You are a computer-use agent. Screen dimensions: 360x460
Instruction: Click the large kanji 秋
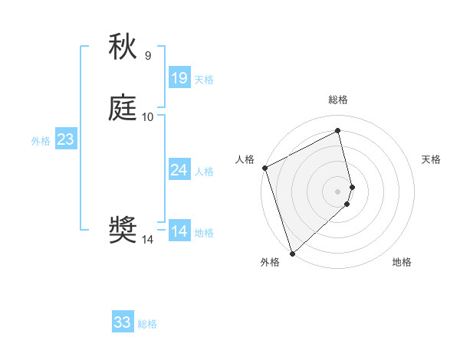[123, 47]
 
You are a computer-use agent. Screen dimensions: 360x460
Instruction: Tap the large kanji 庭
[123, 108]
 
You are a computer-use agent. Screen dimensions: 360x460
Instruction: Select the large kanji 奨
[123, 231]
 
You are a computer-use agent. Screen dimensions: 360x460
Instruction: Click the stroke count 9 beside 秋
[148, 55]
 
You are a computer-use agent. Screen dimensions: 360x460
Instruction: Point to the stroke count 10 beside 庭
[148, 116]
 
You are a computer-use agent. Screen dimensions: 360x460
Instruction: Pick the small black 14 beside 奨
[148, 240]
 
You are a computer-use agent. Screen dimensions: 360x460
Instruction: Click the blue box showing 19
[179, 77]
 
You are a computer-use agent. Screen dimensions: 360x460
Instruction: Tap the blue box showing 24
[179, 170]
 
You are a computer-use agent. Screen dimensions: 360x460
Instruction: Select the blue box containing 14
[179, 231]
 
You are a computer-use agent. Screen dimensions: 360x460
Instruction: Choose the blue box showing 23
[65, 139]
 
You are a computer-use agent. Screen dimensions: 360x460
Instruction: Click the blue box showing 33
[123, 322]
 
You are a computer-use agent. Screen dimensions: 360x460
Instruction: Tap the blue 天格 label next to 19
[204, 79]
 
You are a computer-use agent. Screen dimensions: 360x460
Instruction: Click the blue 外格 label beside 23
[41, 141]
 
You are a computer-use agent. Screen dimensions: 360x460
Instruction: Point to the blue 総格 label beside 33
[147, 324]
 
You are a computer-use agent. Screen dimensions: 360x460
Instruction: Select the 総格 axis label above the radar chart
[338, 100]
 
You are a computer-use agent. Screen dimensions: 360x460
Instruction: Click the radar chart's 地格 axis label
[402, 262]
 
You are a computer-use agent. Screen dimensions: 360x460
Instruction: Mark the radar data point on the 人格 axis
[264, 168]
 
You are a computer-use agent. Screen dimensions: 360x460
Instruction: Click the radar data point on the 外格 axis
[292, 253]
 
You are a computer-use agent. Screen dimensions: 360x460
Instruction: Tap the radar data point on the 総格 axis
[338, 131]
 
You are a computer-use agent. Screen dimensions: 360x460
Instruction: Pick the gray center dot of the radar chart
[338, 191]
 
